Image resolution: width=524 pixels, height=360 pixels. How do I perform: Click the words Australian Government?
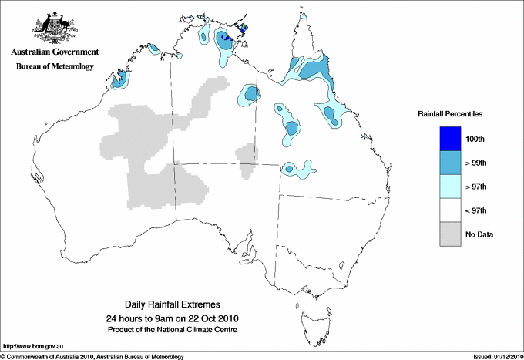point(55,52)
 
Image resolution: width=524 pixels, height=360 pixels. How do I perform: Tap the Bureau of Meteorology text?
point(55,67)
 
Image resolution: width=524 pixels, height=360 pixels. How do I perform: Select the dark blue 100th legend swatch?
point(451,138)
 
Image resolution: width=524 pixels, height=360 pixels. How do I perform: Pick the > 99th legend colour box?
point(451,162)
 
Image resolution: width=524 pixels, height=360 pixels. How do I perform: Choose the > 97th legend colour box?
point(451,186)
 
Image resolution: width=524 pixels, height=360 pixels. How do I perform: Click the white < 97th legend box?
point(451,210)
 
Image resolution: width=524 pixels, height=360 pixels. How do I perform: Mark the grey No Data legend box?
point(451,234)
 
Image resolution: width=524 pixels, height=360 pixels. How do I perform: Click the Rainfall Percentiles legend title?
point(450,113)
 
